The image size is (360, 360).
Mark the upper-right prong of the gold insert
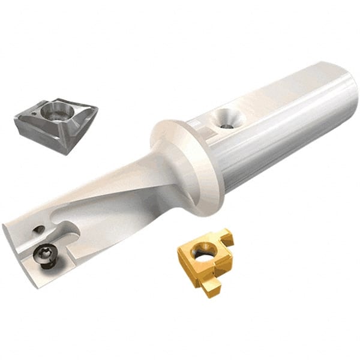[225, 235]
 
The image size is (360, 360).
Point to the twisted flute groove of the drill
[120, 192]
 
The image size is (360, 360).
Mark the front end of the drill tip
[18, 252]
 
